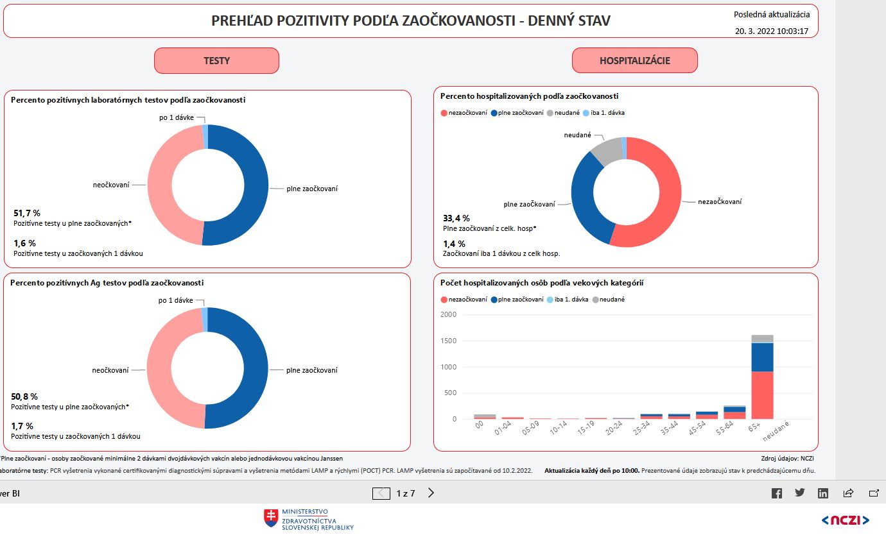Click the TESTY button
click(x=216, y=61)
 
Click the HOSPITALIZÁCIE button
click(x=634, y=61)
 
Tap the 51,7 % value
click(x=27, y=213)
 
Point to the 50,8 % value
click(x=24, y=396)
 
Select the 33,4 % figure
click(x=456, y=218)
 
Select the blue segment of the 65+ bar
click(x=762, y=357)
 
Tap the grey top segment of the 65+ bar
click(x=762, y=339)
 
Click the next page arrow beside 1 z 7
click(x=431, y=493)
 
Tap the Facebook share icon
click(x=777, y=493)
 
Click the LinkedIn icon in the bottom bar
click(x=823, y=493)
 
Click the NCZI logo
click(x=845, y=520)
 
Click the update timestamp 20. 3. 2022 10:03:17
click(x=772, y=31)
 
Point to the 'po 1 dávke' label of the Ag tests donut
click(x=175, y=300)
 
